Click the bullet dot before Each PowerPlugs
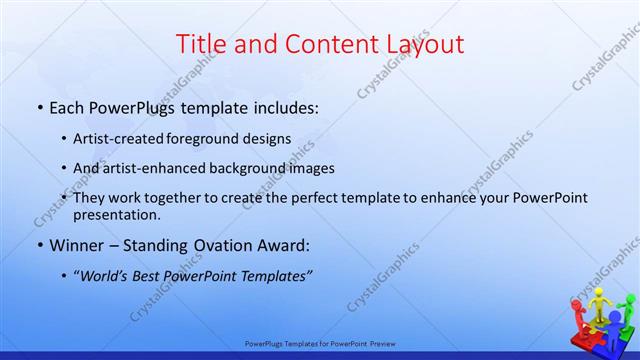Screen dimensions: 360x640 click(38, 105)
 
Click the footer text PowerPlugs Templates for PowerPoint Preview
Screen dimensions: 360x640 click(320, 343)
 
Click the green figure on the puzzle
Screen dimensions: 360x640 click(626, 310)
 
